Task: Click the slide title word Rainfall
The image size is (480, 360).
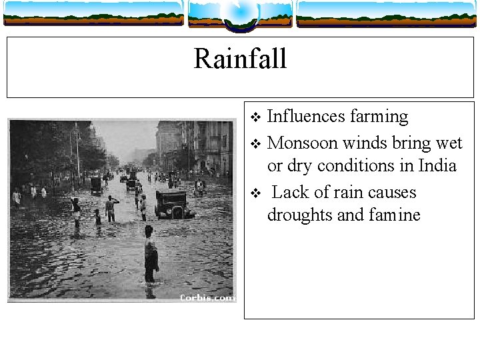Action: coord(240,59)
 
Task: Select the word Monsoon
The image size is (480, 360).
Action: coord(304,143)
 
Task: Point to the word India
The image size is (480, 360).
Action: coord(437,165)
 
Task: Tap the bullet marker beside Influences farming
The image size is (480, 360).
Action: coord(253,118)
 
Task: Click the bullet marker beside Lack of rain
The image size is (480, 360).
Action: coord(253,194)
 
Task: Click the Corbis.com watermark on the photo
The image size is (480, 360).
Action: coord(207,298)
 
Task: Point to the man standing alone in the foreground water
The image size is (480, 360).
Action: coord(151,257)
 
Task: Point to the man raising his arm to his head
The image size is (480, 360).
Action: coord(111,208)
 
